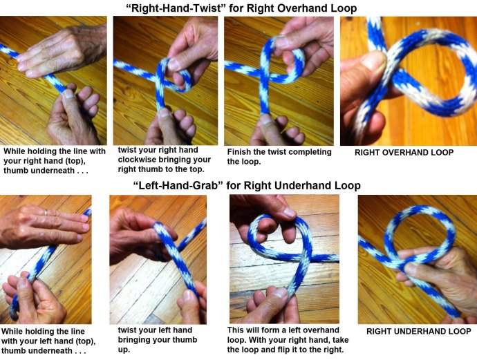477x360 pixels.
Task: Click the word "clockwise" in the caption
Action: point(136,160)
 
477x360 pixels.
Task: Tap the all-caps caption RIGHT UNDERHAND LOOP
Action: point(418,331)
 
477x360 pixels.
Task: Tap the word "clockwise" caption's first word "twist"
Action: point(124,150)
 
